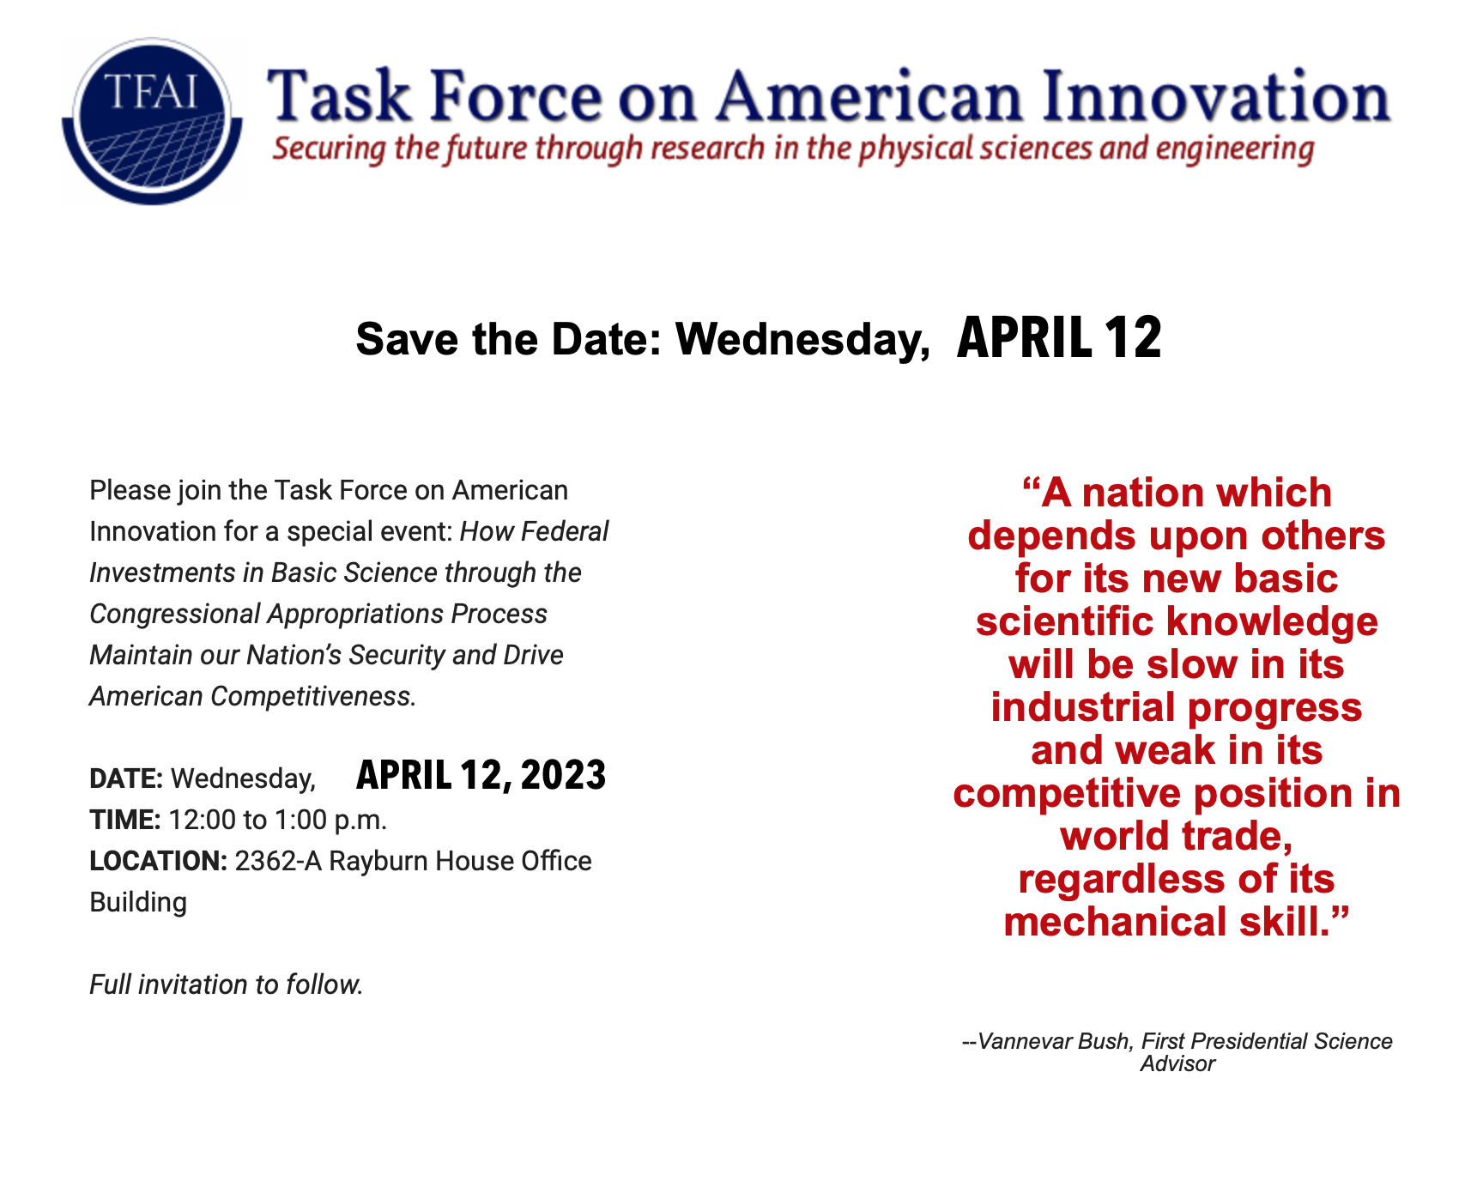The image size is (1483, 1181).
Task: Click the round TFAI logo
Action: [x=152, y=121]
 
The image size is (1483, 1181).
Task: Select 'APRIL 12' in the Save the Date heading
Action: [x=1059, y=338]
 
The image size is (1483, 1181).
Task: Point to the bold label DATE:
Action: [x=126, y=778]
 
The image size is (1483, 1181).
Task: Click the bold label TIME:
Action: [x=125, y=820]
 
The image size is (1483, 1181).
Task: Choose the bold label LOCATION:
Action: [x=159, y=861]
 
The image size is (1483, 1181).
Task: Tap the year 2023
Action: [x=563, y=775]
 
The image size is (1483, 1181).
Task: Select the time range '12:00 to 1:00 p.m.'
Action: [x=278, y=821]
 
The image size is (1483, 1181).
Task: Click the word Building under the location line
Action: [x=138, y=903]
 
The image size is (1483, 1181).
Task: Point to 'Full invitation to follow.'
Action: [x=227, y=984]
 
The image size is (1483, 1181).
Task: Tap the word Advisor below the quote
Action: [x=1177, y=1064]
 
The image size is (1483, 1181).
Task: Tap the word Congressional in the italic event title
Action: [x=175, y=615]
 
